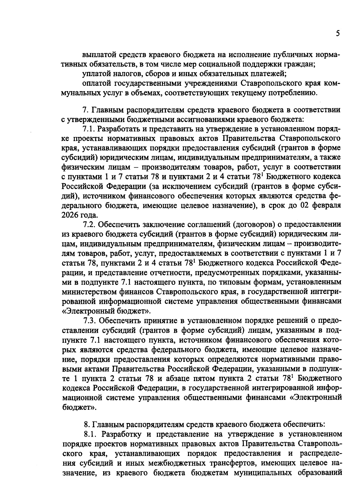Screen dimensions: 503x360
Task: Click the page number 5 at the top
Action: tap(338, 34)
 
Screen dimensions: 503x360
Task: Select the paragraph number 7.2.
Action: tap(89, 224)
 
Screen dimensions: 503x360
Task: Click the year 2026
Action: tap(71, 215)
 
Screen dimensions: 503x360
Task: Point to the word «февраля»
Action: tap(325, 205)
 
